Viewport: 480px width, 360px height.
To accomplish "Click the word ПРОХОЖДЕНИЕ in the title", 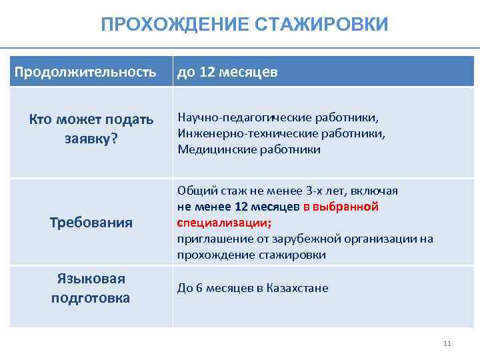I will tap(176, 25).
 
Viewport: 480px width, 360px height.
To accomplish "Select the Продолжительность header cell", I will tap(86, 71).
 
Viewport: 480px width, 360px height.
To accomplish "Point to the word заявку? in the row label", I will tap(91, 139).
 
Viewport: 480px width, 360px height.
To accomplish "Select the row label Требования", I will tap(91, 222).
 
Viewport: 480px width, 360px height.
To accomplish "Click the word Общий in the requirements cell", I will tap(193, 191).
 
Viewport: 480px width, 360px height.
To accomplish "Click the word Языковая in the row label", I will tap(91, 279).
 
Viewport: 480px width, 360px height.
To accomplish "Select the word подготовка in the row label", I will tap(91, 297).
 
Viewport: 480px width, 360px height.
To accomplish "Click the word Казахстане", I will tap(297, 288).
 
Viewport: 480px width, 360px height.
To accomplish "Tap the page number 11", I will tap(447, 344).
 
